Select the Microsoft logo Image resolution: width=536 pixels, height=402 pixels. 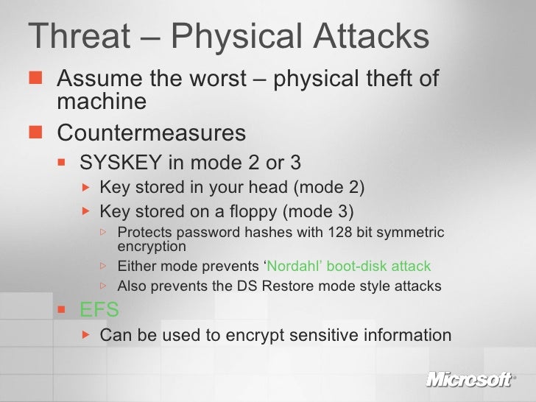click(468, 381)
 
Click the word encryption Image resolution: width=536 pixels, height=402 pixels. click(152, 246)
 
